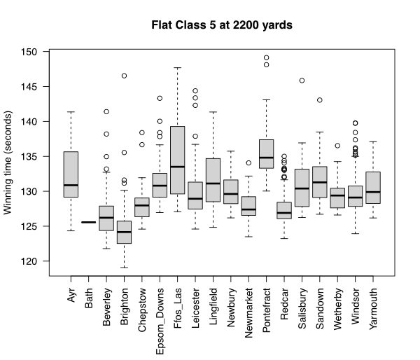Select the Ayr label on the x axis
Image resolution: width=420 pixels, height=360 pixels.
coord(71,293)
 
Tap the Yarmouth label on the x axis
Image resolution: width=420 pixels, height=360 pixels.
coord(374,305)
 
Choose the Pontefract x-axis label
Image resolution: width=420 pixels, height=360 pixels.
coord(267,306)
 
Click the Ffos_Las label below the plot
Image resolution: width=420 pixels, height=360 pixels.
coord(178,302)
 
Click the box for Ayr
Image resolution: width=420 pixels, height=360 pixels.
coord(71,174)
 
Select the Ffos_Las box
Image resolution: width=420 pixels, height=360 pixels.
coord(178,160)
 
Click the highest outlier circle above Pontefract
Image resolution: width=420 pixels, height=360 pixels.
coord(267,57)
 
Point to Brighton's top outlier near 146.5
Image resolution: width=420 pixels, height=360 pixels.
coord(125,76)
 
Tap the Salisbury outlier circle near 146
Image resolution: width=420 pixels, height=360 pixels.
coord(302,81)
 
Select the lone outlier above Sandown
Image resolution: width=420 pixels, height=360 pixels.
coord(320,100)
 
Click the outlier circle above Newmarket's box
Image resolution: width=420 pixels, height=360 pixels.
coord(248,162)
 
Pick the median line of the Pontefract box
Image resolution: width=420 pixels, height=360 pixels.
coord(267,158)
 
